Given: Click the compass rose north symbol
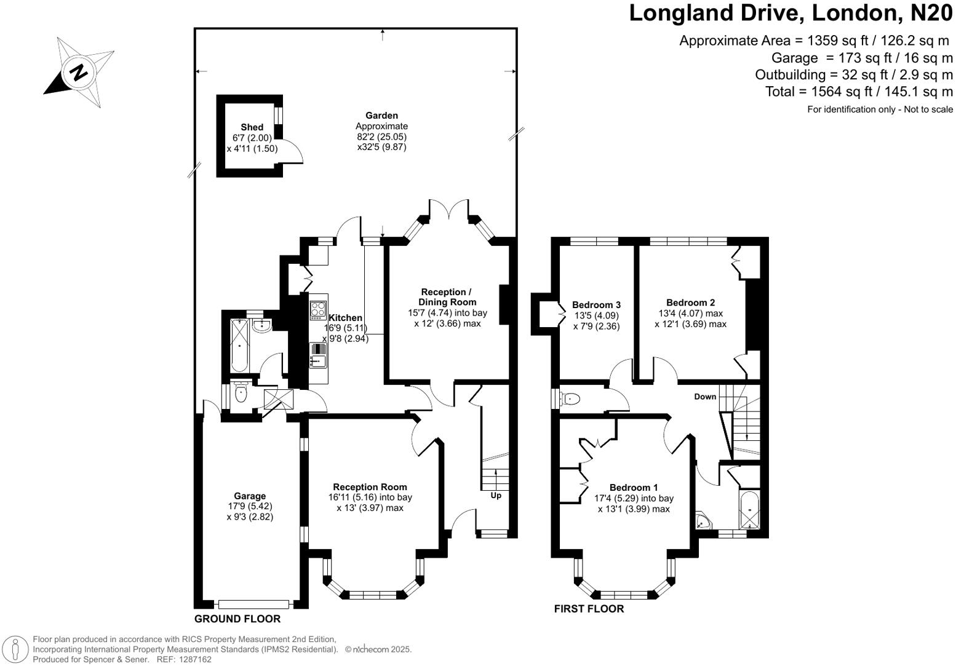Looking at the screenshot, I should (x=79, y=73).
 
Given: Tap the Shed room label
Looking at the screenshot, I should (x=252, y=127).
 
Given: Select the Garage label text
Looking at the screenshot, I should (x=249, y=496).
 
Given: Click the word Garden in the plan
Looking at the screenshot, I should (x=381, y=116).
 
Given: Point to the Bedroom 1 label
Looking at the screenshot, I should (x=634, y=487).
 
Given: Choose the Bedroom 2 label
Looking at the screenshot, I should (x=690, y=303).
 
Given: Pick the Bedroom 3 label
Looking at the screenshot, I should (x=596, y=305).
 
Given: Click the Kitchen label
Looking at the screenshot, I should (x=345, y=318).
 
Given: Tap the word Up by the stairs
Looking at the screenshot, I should (x=496, y=495).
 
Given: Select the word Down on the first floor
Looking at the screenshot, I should (x=705, y=397).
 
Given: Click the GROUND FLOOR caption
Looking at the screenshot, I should (x=237, y=619).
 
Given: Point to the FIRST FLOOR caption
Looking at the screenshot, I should (x=589, y=609).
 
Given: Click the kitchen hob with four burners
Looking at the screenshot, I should (x=318, y=309).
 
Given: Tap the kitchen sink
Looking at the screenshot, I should (x=318, y=355).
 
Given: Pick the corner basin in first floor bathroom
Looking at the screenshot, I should (x=702, y=523).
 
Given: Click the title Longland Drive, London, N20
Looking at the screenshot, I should (x=790, y=13).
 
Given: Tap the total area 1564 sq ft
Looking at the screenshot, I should (x=859, y=92).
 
